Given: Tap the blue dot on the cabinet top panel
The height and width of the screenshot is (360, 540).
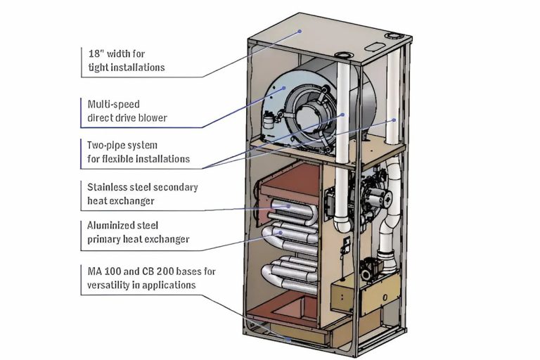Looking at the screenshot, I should (x=300, y=31).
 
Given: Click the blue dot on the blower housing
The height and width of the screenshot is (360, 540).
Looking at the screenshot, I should (x=284, y=88).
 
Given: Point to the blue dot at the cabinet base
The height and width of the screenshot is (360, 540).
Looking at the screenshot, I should (x=288, y=338).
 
